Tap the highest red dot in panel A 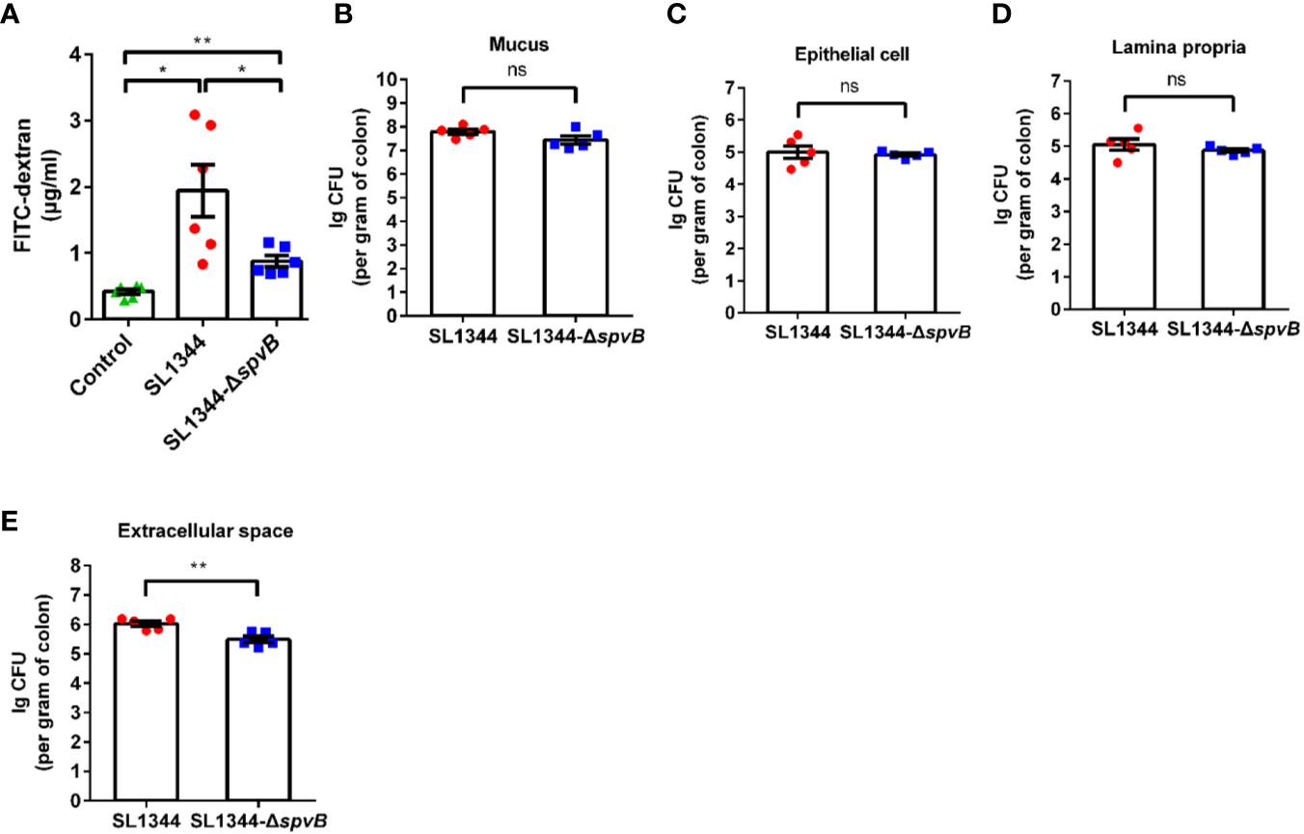pos(194,115)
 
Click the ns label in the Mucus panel pos(519,70)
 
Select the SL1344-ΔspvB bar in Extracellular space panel pos(258,718)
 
